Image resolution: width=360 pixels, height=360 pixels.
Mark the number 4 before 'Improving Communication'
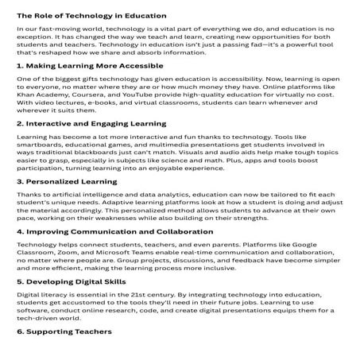pos(20,232)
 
